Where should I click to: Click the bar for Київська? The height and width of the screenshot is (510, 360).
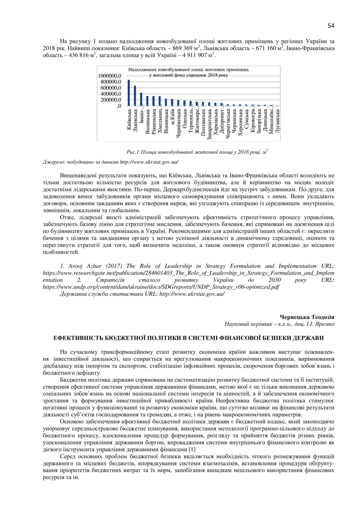[129, 93]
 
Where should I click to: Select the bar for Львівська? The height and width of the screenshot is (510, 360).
[135, 96]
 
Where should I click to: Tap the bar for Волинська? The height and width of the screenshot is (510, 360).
[148, 101]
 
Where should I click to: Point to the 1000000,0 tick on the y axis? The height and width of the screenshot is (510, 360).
[110, 76]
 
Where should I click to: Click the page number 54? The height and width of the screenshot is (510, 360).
[331, 26]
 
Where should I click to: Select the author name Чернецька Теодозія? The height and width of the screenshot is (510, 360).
[307, 317]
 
